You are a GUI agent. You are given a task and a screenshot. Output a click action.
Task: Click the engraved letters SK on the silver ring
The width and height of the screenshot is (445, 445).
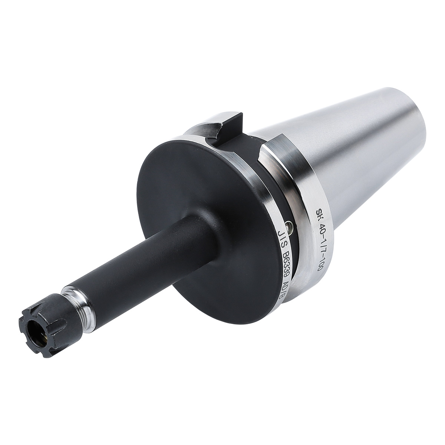pos(319,214)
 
